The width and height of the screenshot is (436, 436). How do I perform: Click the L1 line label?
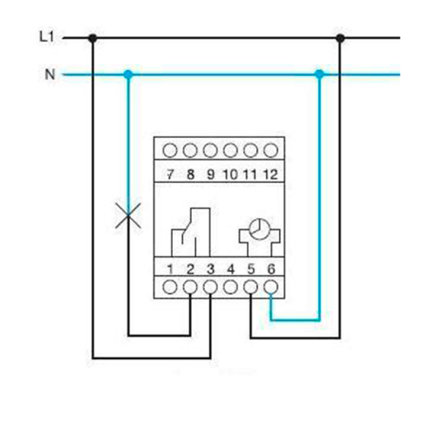click(x=46, y=37)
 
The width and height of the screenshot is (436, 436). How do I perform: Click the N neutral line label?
click(x=50, y=74)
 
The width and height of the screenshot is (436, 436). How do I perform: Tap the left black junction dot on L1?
click(x=93, y=38)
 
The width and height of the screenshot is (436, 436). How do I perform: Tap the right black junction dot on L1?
click(x=340, y=38)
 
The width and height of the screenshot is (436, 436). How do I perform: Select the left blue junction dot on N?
click(x=128, y=74)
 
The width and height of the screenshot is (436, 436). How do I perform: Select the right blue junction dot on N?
click(x=319, y=74)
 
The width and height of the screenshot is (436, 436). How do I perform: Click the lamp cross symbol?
click(x=128, y=215)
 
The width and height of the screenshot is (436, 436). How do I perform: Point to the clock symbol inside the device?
click(x=259, y=229)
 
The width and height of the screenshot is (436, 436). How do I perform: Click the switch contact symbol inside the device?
click(x=191, y=232)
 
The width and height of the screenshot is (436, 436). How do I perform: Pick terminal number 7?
click(x=170, y=174)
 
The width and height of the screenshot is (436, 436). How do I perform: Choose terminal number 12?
click(x=270, y=174)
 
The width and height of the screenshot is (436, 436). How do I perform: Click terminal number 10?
click(x=231, y=174)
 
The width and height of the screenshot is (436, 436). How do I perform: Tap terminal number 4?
click(x=231, y=269)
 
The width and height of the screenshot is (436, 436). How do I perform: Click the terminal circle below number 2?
click(x=190, y=287)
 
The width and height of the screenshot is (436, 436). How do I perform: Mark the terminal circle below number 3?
click(x=210, y=287)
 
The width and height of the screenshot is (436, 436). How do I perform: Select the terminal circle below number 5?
click(x=251, y=287)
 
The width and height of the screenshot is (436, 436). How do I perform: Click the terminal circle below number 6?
click(x=271, y=287)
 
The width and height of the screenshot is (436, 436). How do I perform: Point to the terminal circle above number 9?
click(x=210, y=150)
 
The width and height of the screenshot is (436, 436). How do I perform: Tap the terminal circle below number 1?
click(x=170, y=287)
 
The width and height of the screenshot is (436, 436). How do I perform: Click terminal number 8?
click(x=190, y=174)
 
